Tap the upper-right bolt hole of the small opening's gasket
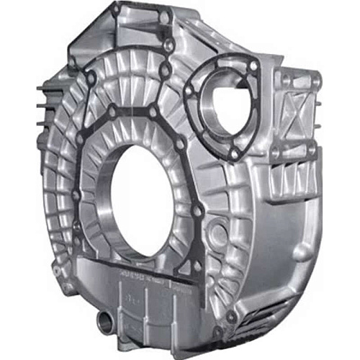[253, 66]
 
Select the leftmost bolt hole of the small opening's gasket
[188, 91]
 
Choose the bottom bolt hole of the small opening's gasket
[234, 153]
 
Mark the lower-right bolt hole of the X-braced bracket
[311, 151]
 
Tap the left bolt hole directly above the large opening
[113, 112]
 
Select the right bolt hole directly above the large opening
[153, 112]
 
